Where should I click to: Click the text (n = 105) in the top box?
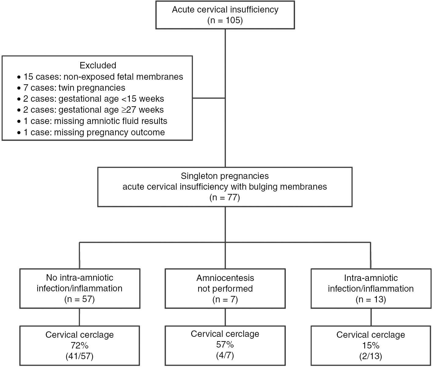[x=225, y=20]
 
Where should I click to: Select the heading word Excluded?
[x=98, y=65]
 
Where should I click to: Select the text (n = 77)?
[x=225, y=198]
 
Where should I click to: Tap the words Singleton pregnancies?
[x=225, y=176]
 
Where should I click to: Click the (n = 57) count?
[x=79, y=299]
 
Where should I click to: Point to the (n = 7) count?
[x=225, y=299]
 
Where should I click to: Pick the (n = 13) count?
[x=371, y=299]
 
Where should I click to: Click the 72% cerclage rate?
[x=79, y=345]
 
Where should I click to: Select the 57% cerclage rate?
[x=225, y=344]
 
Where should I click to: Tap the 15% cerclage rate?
[x=371, y=345]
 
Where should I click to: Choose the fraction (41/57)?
[x=79, y=356]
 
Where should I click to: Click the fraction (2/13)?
[x=371, y=356]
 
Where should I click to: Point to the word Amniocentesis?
[x=225, y=278]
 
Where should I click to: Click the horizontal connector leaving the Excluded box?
[x=209, y=98]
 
